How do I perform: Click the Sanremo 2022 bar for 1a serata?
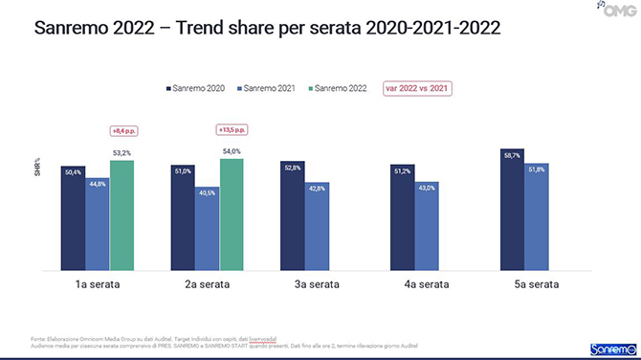coord(122,215)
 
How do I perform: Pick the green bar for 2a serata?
coord(231,214)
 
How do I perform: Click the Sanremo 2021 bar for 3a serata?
coord(316,227)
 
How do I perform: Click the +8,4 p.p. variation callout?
coord(122,131)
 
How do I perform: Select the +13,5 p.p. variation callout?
coord(231,129)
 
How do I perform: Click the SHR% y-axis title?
coord(38,169)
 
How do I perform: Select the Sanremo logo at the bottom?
coord(608,347)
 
